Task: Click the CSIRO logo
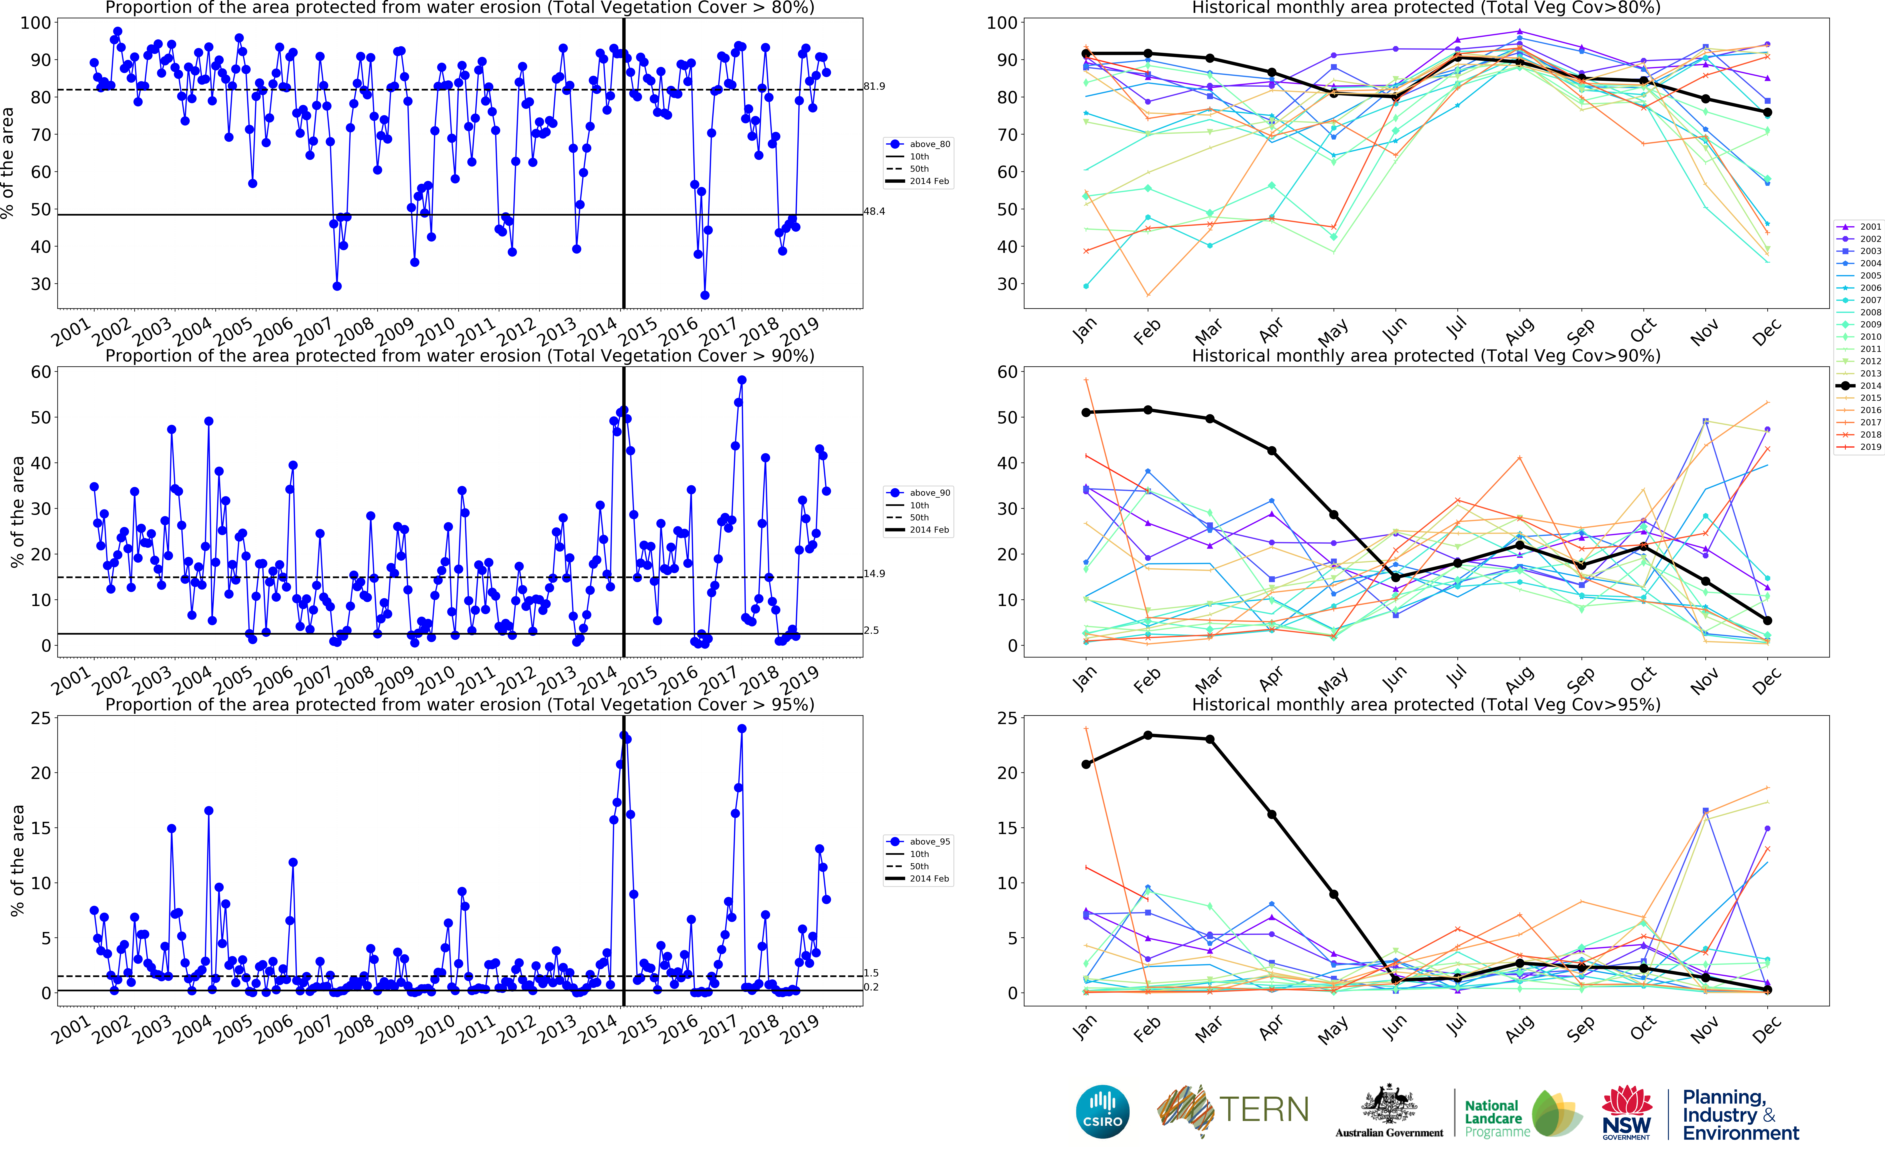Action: coord(1103,1111)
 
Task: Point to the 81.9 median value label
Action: coord(874,86)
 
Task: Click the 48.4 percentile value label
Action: coord(874,211)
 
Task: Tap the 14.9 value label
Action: coord(874,574)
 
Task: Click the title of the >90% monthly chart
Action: coord(1426,355)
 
